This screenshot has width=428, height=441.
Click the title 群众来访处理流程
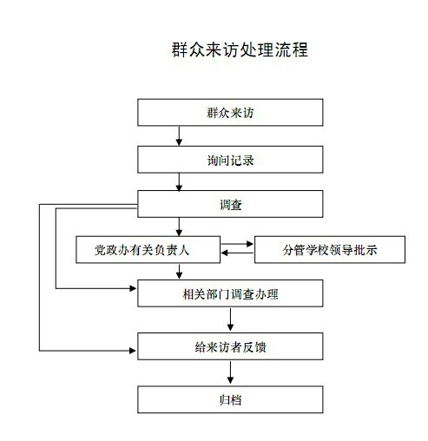point(240,49)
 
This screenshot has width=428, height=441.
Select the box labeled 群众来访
point(230,112)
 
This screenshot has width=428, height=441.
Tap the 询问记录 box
point(230,160)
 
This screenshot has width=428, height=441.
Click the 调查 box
point(230,204)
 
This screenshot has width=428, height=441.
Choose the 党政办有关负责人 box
point(148,249)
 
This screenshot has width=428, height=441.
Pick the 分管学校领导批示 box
point(330,249)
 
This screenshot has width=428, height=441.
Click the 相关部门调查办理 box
point(230,293)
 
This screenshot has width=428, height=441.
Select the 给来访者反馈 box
point(230,346)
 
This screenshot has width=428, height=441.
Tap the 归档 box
point(230,399)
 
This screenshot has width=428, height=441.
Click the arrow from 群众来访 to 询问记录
point(179,135)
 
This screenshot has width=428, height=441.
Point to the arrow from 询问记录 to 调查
point(179,181)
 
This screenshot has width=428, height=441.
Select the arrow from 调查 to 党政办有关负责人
point(179,227)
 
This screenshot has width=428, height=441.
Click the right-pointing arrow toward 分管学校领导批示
point(237,244)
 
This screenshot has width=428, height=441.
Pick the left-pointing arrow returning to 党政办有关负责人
point(237,253)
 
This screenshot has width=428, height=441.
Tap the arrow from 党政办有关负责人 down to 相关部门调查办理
point(179,272)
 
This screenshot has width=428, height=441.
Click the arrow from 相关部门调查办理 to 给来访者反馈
point(230,319)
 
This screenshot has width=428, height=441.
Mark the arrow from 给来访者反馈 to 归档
point(230,372)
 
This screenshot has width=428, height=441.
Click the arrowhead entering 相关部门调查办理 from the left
point(133,288)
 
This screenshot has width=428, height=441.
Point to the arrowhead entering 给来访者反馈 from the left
point(133,351)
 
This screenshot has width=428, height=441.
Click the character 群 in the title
point(180,49)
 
